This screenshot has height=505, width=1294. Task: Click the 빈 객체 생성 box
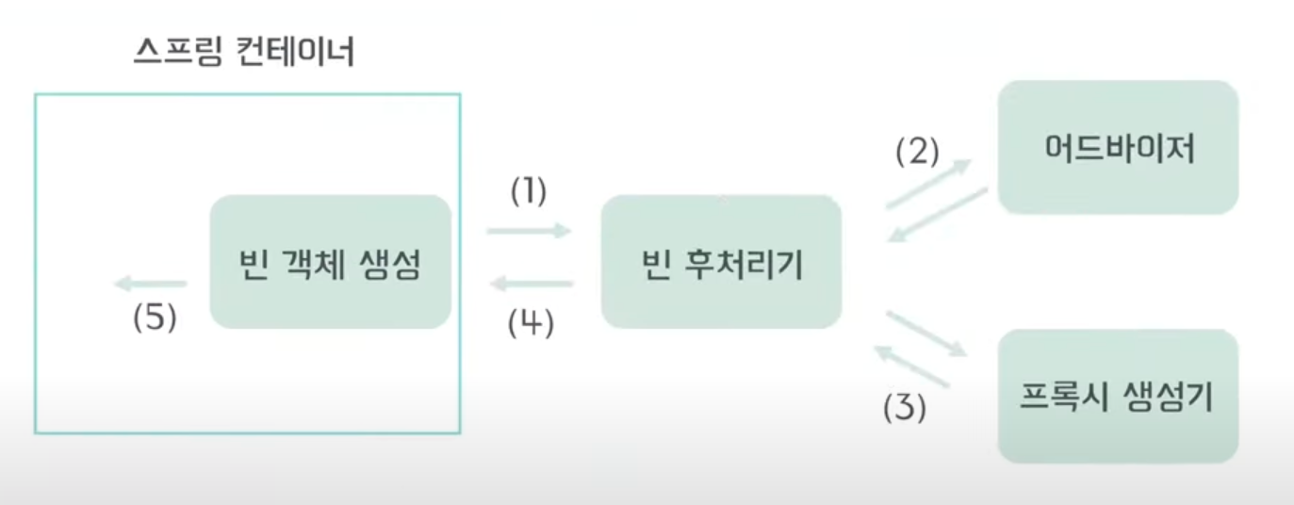tap(330, 262)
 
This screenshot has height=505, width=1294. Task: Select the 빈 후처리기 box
tap(721, 262)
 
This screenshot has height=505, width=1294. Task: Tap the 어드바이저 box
tap(1118, 147)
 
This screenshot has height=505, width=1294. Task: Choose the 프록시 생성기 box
tap(1118, 396)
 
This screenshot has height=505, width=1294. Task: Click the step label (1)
tap(529, 191)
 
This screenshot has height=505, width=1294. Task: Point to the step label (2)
tap(917, 152)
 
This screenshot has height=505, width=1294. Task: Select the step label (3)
tap(904, 409)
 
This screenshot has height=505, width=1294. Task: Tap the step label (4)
tap(531, 323)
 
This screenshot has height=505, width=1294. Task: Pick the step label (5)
tap(154, 318)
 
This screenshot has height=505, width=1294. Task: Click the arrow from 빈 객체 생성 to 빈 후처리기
tap(530, 230)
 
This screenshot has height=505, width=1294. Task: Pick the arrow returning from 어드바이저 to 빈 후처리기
tap(938, 216)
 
